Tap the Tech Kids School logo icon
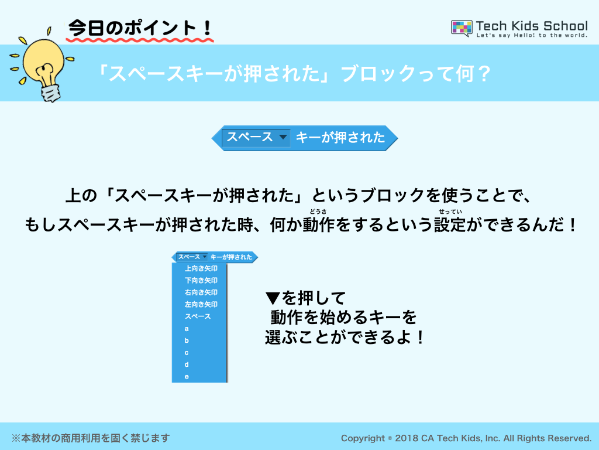(462, 28)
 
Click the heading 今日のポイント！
(140, 28)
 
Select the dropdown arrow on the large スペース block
(283, 137)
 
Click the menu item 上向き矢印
(201, 268)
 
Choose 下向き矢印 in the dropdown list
(201, 281)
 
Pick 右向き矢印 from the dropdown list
(201, 292)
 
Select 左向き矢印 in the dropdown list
(201, 304)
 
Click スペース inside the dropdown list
(198, 316)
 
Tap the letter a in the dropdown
(187, 329)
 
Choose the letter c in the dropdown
(187, 353)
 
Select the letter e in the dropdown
(187, 377)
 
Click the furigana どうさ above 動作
(318, 211)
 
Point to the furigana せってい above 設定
(450, 211)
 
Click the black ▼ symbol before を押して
(273, 298)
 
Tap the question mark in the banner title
(484, 73)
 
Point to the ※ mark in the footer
(16, 438)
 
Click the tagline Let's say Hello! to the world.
(532, 35)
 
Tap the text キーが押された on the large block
(340, 137)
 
